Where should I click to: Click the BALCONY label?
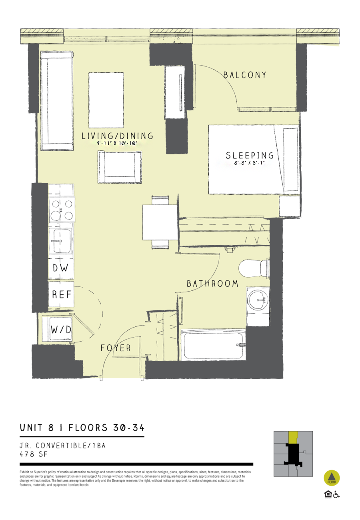(x=245, y=75)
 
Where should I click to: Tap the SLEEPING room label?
(x=250, y=155)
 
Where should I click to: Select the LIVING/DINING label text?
(x=117, y=136)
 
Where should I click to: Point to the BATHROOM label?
(x=212, y=284)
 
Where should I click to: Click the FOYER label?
(x=116, y=348)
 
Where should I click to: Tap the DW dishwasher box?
(x=61, y=268)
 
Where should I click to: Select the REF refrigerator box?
(x=61, y=294)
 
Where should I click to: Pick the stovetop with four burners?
(x=62, y=210)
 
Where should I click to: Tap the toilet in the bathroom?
(x=254, y=268)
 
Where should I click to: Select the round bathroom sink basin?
(x=258, y=300)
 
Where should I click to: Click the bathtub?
(x=213, y=344)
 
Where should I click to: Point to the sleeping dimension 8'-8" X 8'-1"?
(x=249, y=163)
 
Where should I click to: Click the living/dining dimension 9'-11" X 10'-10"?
(x=117, y=143)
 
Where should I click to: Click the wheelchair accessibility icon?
(x=336, y=494)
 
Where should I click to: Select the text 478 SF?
(x=34, y=454)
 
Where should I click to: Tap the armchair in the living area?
(x=120, y=167)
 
